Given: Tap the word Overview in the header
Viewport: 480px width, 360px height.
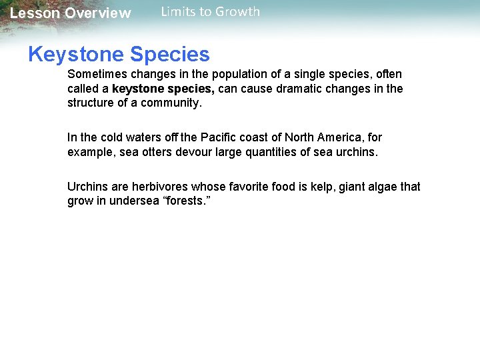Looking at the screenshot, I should point(98,13).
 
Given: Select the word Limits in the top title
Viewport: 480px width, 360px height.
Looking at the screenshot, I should point(177,11).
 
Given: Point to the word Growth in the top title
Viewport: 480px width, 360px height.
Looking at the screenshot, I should point(237,11).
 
